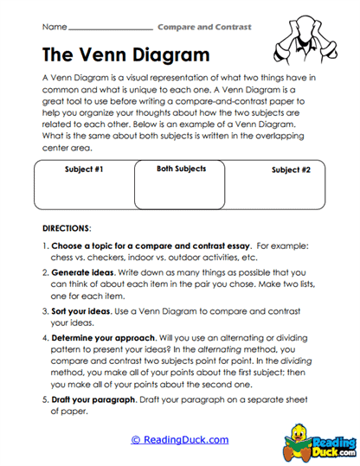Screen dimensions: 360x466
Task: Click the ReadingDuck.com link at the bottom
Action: coord(179,440)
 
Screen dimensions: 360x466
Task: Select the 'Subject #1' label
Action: coord(84,169)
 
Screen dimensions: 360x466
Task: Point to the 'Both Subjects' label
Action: coord(181,169)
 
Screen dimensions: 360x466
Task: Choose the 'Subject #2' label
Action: coord(291,169)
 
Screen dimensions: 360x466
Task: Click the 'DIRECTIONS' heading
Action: coord(66,228)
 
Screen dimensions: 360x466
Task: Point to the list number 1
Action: coord(45,246)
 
